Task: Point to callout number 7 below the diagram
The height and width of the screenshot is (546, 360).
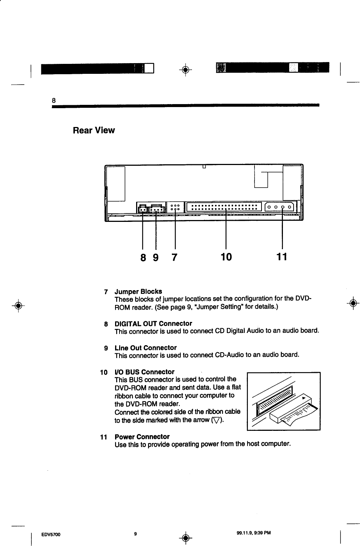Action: click(174, 256)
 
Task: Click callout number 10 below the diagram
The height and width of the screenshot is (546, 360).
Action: click(225, 256)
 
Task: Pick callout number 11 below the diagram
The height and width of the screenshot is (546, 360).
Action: click(281, 256)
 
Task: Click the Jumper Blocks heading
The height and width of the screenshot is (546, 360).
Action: click(138, 291)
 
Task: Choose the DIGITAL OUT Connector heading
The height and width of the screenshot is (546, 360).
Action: click(153, 324)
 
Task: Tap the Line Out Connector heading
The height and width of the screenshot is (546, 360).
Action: click(145, 348)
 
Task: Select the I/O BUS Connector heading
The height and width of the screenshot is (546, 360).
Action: click(145, 371)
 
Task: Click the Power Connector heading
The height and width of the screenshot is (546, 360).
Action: click(142, 437)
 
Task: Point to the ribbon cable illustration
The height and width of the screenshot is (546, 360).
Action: click(283, 401)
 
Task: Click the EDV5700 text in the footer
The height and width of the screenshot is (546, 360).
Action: click(51, 534)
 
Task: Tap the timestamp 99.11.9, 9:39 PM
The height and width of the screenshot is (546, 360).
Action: click(253, 533)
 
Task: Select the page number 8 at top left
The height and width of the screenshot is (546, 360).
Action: click(53, 100)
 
